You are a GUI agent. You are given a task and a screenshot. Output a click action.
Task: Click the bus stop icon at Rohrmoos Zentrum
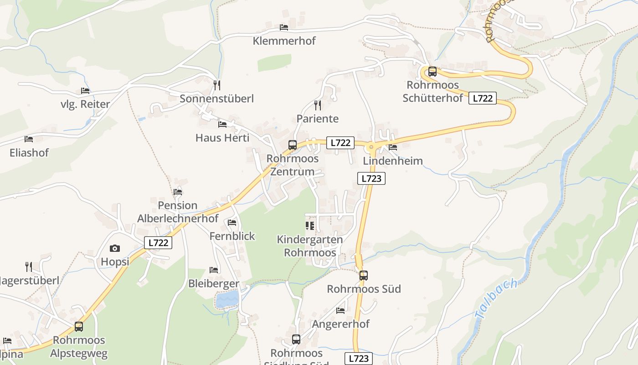[x=293, y=145]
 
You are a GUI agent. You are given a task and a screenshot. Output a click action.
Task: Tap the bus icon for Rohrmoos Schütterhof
[x=432, y=72]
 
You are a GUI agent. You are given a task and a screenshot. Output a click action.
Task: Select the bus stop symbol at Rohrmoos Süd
[x=363, y=276]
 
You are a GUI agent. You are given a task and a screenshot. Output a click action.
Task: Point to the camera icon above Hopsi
[x=115, y=248]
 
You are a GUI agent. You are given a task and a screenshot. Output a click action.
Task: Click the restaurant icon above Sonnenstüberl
[x=217, y=85]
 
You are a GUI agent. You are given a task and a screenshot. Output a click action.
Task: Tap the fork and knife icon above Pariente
[x=318, y=105]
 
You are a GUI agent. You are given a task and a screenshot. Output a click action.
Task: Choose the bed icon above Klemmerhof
[x=284, y=27]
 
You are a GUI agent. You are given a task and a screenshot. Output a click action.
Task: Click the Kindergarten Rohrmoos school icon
[x=310, y=226]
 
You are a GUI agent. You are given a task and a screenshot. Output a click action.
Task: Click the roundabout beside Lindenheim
[x=371, y=147]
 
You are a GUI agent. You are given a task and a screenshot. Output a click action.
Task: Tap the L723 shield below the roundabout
[x=371, y=178]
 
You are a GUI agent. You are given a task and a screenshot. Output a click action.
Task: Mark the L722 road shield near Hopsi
[x=158, y=243]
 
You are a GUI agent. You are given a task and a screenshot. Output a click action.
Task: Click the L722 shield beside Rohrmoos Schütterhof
[x=482, y=98]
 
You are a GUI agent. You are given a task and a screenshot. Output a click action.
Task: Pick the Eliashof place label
[x=29, y=152]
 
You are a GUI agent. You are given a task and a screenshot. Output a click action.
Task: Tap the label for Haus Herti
[x=222, y=137]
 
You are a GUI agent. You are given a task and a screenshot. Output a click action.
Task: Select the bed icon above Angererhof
[x=340, y=311]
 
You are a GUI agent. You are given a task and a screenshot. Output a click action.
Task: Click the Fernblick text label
[x=232, y=236]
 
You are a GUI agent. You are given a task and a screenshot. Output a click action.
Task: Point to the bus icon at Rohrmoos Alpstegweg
[x=79, y=327]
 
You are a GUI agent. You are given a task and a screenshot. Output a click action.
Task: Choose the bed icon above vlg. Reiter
[x=85, y=91]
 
